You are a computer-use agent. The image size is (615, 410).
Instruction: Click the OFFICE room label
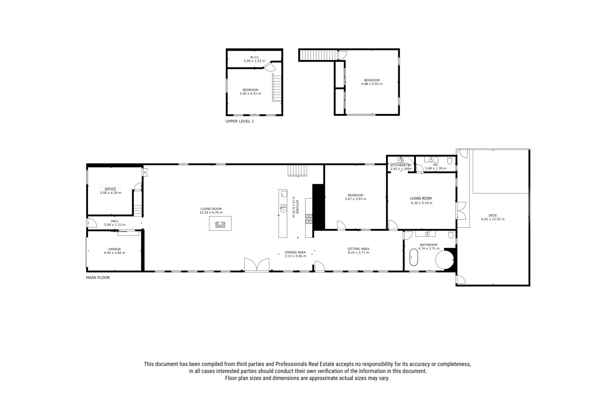point(110,189)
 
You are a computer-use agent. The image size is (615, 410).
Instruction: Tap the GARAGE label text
point(115,249)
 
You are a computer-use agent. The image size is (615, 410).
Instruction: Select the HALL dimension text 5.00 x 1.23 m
point(115,225)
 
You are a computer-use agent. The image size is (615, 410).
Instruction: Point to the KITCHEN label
point(297,207)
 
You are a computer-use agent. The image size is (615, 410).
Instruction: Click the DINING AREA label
point(296,252)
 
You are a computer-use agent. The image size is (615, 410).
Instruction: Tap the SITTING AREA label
point(358,249)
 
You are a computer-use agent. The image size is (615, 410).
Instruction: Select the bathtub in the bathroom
point(414,257)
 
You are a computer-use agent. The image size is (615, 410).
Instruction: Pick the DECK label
point(493,215)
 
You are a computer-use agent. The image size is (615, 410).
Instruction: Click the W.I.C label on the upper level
point(254,57)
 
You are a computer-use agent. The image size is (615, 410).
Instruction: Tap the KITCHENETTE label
point(401,165)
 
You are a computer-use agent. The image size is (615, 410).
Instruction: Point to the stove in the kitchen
point(309,219)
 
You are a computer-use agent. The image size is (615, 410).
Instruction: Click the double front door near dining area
point(257,265)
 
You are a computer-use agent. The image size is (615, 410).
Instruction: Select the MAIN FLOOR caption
point(98,278)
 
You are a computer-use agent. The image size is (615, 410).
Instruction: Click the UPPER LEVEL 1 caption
point(240,121)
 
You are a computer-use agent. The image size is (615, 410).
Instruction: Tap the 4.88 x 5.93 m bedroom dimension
point(372,84)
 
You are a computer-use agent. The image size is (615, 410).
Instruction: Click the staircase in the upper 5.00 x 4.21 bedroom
point(277,87)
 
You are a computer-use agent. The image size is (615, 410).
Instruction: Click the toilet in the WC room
point(450,160)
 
